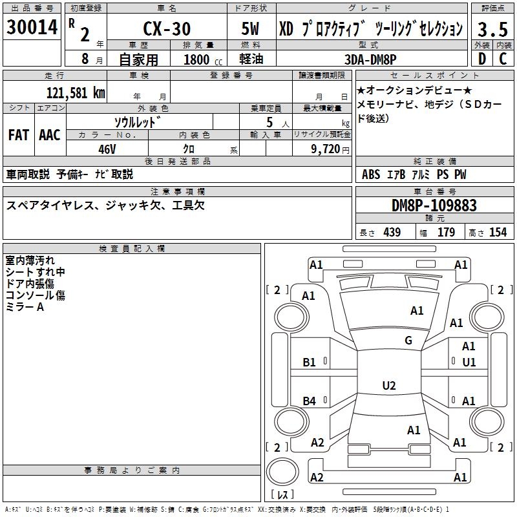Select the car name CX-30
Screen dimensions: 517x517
(166, 29)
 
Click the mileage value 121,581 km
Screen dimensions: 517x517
(76, 92)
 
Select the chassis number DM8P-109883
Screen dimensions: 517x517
(434, 206)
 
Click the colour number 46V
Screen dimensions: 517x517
(107, 148)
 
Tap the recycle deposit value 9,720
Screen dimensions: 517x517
(326, 148)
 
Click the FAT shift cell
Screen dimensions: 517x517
(19, 134)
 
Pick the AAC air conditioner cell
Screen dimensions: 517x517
(50, 134)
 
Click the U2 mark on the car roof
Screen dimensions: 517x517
(388, 385)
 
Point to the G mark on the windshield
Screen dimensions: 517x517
(408, 341)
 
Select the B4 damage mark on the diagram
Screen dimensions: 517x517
(310, 401)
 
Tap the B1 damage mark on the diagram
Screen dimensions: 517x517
(310, 363)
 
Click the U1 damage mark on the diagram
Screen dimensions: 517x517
(469, 363)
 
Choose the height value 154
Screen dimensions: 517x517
(498, 232)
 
